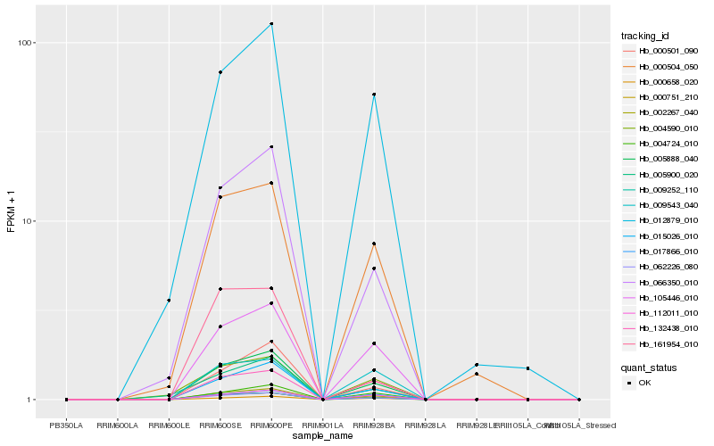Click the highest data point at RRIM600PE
[x=271, y=24]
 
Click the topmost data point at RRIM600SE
[x=220, y=72]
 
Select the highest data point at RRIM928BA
[x=374, y=95]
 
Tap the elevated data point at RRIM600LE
[x=169, y=300]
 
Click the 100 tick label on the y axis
[x=25, y=43]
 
